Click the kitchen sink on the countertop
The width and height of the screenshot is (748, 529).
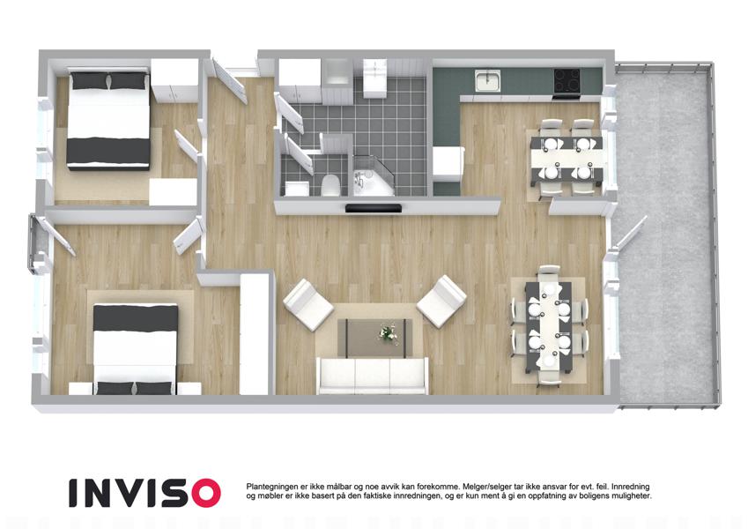(487, 80)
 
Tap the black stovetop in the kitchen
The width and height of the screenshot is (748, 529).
(567, 81)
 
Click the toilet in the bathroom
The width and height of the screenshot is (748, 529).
(330, 186)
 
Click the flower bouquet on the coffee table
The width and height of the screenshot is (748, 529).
(389, 333)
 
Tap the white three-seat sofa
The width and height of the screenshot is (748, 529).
(372, 376)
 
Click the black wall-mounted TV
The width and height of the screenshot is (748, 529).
(374, 208)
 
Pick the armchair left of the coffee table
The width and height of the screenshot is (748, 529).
(308, 304)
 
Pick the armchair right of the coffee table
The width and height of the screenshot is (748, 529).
(441, 301)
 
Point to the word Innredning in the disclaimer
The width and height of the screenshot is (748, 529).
(630, 487)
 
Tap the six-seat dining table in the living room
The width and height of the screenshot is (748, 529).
(549, 326)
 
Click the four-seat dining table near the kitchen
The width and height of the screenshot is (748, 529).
(567, 158)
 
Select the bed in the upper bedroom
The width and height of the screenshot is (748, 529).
(108, 118)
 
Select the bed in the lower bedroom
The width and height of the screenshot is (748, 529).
(136, 349)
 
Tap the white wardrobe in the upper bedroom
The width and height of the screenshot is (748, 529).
(174, 79)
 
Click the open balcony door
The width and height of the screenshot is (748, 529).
(630, 233)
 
